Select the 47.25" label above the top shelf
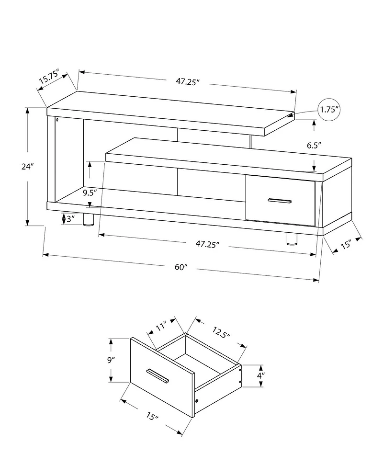(x=187, y=82)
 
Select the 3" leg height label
(x=70, y=219)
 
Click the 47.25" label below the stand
(x=207, y=244)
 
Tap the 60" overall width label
(x=180, y=267)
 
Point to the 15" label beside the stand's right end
(x=346, y=244)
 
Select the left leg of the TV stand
(x=88, y=219)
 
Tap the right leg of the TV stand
(x=291, y=238)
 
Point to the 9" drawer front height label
(x=111, y=360)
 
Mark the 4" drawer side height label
(x=260, y=376)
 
